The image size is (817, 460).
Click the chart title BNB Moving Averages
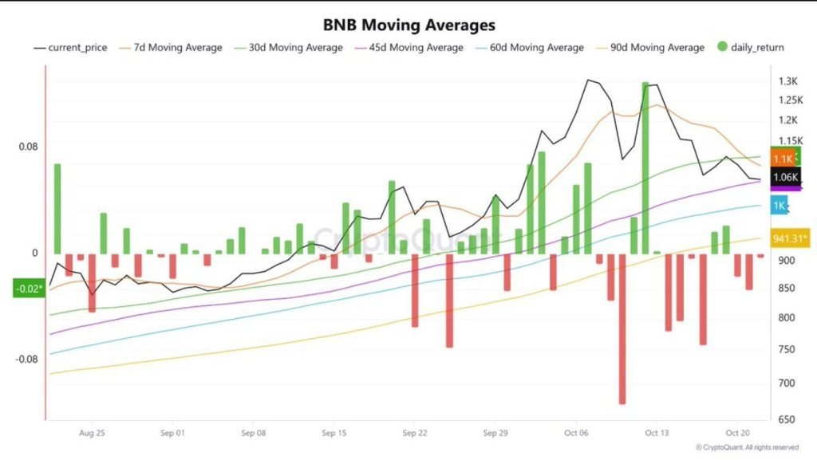click(x=408, y=26)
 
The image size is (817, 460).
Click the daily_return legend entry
click(x=753, y=48)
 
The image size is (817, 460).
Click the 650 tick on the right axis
click(x=787, y=419)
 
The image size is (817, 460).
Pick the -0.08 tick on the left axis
click(x=27, y=359)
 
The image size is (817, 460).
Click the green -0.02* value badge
click(x=27, y=289)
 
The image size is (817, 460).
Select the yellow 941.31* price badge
click(x=791, y=238)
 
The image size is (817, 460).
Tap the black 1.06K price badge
click(x=786, y=177)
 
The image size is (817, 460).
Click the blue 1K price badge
click(x=780, y=206)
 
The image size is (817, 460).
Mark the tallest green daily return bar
click(x=645, y=167)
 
